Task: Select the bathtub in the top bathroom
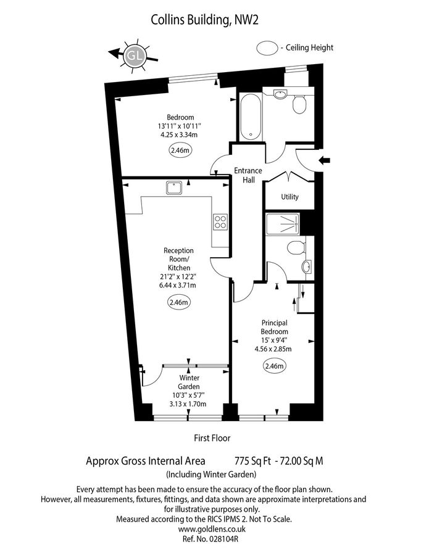(250, 117)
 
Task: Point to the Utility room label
(289, 197)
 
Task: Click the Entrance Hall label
(248, 175)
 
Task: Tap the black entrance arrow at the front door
(326, 162)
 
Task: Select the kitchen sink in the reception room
(173, 186)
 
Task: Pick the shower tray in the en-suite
(283, 224)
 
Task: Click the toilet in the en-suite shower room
(296, 249)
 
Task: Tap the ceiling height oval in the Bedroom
(180, 149)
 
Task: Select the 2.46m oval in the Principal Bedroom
(274, 367)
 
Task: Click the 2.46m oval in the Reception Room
(178, 302)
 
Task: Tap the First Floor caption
(212, 438)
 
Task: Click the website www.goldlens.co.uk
(212, 528)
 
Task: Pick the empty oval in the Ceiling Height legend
(267, 47)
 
